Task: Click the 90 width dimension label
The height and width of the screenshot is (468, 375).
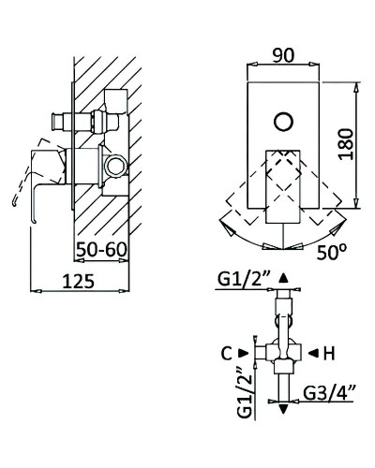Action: coord(283,55)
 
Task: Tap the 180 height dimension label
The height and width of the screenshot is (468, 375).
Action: coord(346,144)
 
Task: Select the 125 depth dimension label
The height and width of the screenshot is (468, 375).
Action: coord(79,281)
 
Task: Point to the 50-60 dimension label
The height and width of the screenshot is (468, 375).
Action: coord(102,249)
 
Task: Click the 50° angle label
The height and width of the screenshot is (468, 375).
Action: coord(327,252)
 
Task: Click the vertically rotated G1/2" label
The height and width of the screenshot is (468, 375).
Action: coord(245,391)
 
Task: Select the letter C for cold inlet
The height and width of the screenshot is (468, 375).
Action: coord(227,354)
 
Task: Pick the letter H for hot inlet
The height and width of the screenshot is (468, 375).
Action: coord(329,354)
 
